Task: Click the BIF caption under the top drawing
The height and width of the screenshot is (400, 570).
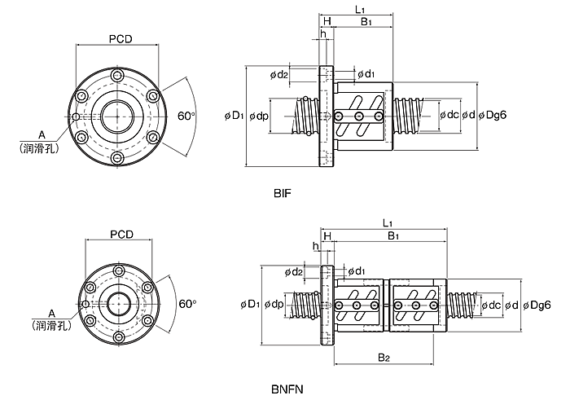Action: coord(283,193)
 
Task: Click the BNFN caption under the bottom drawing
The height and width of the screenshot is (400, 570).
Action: coord(287,389)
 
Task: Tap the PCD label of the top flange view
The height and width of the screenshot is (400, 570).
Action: coord(121,39)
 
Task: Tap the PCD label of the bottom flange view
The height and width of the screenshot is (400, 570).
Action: coord(122,235)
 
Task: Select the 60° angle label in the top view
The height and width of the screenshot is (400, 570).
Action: coord(186,116)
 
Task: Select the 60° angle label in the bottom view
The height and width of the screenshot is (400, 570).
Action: coord(187,304)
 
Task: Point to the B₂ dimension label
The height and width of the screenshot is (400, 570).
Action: coord(384,358)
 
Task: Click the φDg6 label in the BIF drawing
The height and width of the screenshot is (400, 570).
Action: coord(493,115)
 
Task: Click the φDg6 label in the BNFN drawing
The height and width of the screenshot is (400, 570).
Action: coord(537,305)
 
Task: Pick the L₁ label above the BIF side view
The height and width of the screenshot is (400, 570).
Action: coord(360,10)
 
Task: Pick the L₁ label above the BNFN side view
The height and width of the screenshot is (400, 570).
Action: coord(388,222)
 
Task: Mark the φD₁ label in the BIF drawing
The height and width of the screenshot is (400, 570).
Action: coord(235,116)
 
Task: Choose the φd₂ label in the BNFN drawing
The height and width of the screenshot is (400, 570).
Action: coord(294,271)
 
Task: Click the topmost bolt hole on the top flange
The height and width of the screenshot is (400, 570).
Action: coord(117,76)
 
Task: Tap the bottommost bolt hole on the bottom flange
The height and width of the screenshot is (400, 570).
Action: coord(119,337)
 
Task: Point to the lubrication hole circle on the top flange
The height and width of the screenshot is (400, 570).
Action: coord(76,116)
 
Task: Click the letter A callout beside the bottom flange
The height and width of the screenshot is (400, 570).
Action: coord(51,314)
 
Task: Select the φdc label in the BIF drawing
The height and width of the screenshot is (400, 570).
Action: coord(449,115)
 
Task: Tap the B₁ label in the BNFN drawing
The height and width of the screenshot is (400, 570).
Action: coord(393,236)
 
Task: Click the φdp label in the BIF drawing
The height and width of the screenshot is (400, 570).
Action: coord(259,116)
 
